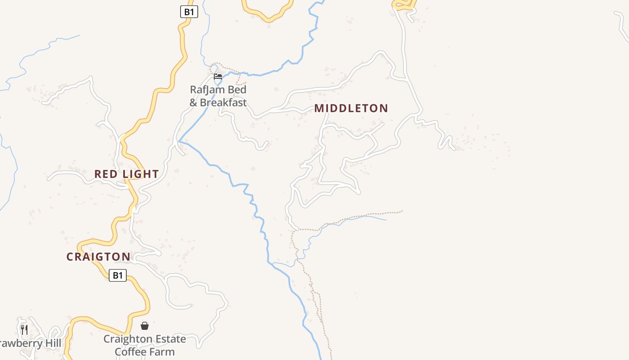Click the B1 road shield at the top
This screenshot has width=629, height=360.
pos(189,12)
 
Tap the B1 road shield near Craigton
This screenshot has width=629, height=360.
pos(118,275)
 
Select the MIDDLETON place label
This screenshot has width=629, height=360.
pos(351,108)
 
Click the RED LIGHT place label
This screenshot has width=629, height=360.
pos(126,174)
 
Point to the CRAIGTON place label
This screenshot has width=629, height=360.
pos(98,257)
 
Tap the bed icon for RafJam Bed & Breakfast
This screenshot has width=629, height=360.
pos(218,76)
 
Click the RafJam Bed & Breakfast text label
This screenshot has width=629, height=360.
pos(218,96)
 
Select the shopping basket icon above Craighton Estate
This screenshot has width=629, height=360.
pos(145,326)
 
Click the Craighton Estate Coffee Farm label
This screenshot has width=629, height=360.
pos(145,345)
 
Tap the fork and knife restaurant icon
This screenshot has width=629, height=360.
pos(24,330)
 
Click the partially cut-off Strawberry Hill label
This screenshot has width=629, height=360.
pos(30,344)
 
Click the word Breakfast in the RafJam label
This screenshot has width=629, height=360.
pos(223,103)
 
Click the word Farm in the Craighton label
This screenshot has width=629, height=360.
pos(162,352)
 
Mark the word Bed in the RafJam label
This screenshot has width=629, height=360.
pos(237,90)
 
